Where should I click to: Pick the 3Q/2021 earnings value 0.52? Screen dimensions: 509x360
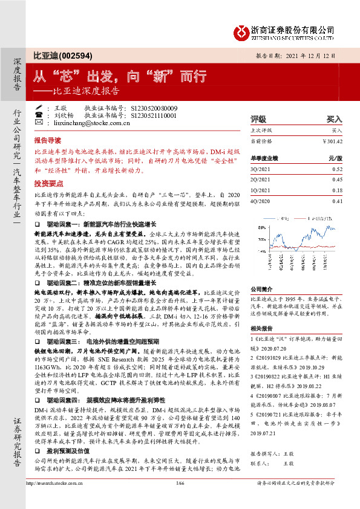(337, 169)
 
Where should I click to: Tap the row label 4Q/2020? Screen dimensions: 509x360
(261, 201)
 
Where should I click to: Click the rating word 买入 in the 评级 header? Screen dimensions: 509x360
(334, 119)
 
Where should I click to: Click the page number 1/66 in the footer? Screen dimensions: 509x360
(180, 499)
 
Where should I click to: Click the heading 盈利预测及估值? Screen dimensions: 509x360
(72, 450)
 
